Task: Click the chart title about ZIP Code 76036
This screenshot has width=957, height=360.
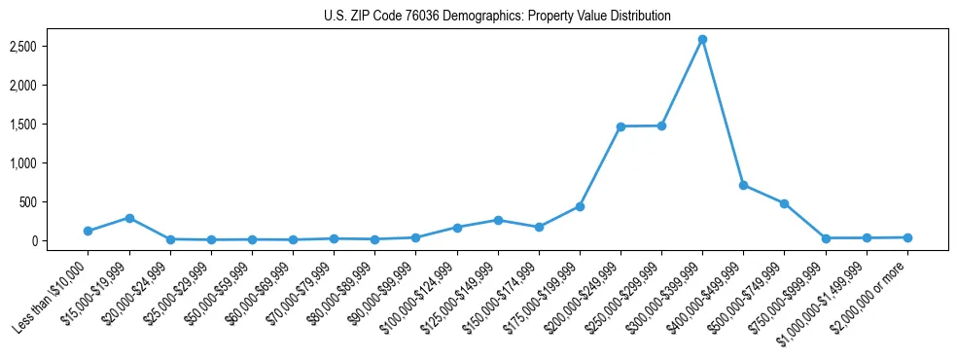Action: point(497,17)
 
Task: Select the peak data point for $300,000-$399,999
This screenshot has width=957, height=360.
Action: point(702,39)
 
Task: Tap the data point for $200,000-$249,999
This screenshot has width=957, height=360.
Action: point(620,126)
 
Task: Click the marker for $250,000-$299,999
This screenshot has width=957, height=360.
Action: point(661,126)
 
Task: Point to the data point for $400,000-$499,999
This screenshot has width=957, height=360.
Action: point(743,185)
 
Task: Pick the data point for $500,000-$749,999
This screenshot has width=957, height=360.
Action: point(784,203)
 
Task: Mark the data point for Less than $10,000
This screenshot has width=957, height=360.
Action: point(89,231)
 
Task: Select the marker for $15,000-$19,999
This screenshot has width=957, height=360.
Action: point(129,218)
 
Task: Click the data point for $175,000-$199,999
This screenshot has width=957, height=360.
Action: point(580,206)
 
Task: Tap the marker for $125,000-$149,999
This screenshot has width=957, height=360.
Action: point(498,220)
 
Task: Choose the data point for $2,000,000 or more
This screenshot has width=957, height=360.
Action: point(907,237)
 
